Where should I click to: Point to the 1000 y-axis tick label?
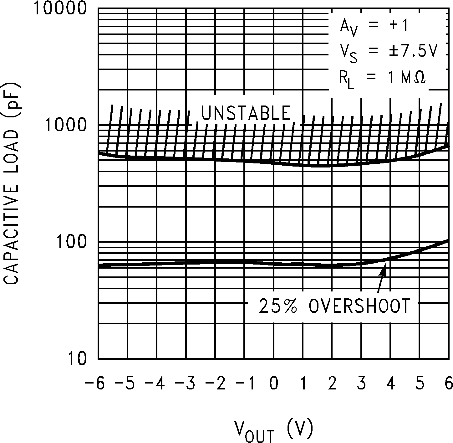tap(66, 125)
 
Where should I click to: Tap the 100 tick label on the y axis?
tap(71, 242)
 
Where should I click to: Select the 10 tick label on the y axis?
tap(77, 359)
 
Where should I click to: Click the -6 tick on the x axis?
tap(94, 384)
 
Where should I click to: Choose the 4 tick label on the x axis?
tap(390, 384)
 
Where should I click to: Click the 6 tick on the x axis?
tap(449, 384)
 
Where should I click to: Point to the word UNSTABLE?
tap(246, 113)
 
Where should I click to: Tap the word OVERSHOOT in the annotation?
tap(359, 306)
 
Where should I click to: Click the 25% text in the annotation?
tap(277, 306)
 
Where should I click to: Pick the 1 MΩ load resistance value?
tap(407, 78)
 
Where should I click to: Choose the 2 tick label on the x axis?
tap(332, 384)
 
